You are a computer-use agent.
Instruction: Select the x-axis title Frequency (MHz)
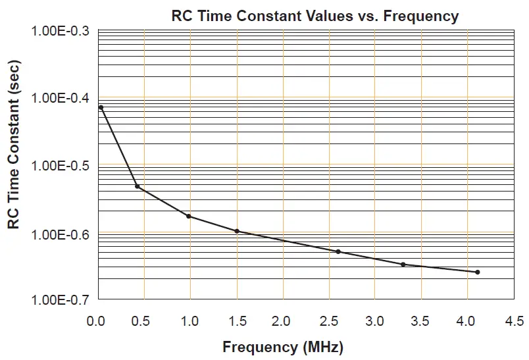[283, 347]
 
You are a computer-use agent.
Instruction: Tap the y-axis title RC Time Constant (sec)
[14, 144]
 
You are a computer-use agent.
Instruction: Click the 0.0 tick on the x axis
[97, 321]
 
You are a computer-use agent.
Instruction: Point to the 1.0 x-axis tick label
[189, 321]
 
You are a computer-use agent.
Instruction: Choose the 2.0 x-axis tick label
[282, 321]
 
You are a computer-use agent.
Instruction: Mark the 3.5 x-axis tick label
[420, 321]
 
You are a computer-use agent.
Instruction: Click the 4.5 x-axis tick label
[514, 321]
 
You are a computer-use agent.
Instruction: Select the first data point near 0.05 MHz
[101, 107]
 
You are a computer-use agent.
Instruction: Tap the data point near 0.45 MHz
[138, 187]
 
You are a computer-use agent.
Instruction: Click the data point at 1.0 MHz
[189, 216]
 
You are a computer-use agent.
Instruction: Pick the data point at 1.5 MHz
[237, 231]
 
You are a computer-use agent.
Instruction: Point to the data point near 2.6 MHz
[338, 251]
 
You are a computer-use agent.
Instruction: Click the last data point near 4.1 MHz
[478, 272]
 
